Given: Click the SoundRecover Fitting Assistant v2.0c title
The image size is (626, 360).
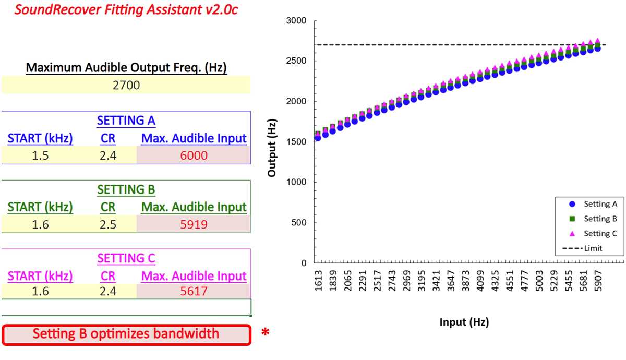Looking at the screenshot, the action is (126, 9).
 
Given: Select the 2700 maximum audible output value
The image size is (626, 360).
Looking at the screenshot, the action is (126, 85).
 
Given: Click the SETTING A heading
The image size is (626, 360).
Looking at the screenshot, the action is (126, 121).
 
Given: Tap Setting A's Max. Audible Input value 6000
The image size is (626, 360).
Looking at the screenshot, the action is (194, 155).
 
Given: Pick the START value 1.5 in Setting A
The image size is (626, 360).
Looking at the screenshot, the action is (40, 155).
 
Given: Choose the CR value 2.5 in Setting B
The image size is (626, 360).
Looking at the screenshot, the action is (108, 224).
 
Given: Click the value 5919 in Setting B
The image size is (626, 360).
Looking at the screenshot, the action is (194, 224).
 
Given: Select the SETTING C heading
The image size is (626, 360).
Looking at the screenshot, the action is (126, 258).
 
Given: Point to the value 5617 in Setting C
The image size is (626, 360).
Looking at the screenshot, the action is (194, 291).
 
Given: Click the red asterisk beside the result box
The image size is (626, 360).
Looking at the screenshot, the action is (265, 332).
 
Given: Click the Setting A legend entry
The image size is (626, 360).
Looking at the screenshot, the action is (593, 204).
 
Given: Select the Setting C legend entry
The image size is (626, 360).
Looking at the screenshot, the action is (593, 233).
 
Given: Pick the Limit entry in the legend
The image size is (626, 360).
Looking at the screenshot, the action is (582, 248).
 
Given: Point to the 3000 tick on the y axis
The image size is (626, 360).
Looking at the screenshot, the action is (296, 20).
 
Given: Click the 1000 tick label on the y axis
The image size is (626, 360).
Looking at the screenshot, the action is (296, 182).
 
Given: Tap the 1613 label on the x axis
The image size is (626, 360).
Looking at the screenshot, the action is (318, 281).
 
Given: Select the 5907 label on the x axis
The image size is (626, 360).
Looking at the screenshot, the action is (598, 281).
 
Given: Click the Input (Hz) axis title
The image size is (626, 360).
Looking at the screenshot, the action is (464, 322).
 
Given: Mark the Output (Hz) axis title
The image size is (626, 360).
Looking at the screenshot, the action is (272, 148).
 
